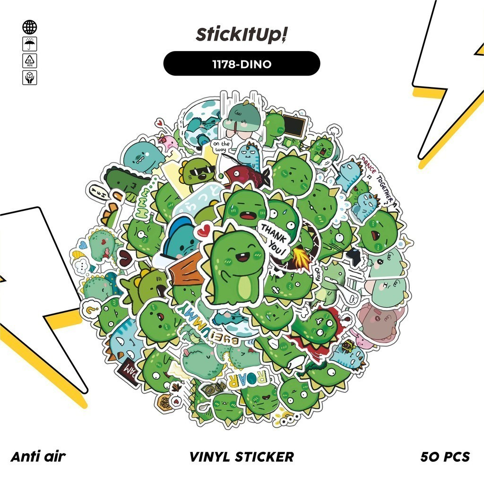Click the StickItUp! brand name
pyautogui.click(x=242, y=35)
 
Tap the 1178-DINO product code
pyautogui.click(x=242, y=64)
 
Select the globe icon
pyautogui.click(x=29, y=27)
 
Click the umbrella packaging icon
pyautogui.click(x=29, y=44)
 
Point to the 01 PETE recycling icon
pyautogui.click(x=29, y=61)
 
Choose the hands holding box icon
pyautogui.click(x=29, y=78)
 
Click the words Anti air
pyautogui.click(x=38, y=457)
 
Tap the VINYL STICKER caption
pyautogui.click(x=242, y=457)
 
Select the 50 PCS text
pyautogui.click(x=445, y=457)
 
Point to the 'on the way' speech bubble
pyautogui.click(x=221, y=146)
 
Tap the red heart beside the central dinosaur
pyautogui.click(x=203, y=231)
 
